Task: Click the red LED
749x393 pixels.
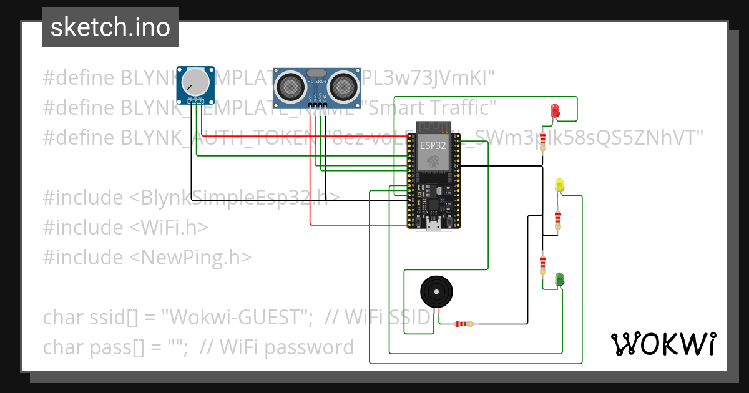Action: click(554, 111)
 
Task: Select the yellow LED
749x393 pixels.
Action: click(559, 185)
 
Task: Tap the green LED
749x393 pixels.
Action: click(560, 279)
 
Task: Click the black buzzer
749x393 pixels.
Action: click(434, 291)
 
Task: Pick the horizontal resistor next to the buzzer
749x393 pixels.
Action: click(463, 324)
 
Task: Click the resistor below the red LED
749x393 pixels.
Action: click(543, 141)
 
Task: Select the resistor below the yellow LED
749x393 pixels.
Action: click(557, 219)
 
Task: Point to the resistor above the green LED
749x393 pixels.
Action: click(543, 264)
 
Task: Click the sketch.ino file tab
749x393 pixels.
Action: click(110, 27)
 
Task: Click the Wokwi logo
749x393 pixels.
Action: click(663, 344)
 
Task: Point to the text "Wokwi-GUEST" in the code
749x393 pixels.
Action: click(237, 318)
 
